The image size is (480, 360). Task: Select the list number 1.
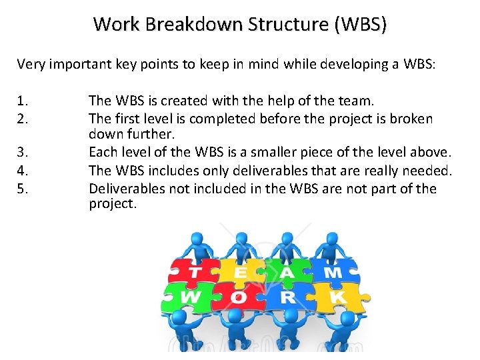tap(23, 101)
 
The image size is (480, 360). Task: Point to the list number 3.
tap(23, 160)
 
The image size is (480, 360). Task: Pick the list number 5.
tap(23, 189)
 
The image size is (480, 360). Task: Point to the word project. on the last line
tap(113, 204)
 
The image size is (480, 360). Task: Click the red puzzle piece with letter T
tap(194, 271)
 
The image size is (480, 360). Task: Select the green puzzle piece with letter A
tap(287, 271)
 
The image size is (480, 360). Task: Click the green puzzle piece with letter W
tap(190, 296)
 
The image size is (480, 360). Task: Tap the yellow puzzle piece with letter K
tap(337, 296)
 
